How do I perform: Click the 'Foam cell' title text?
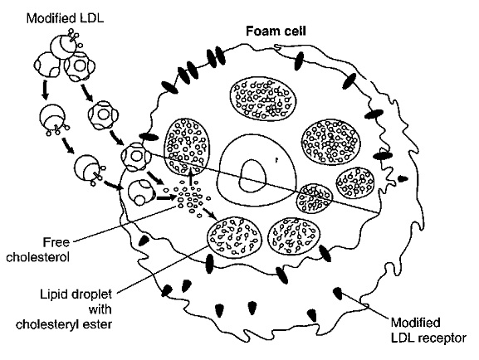[x=276, y=32]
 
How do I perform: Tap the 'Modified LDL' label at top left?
[x=65, y=18]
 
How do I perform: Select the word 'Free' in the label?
[x=56, y=242]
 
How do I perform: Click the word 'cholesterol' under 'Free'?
[x=38, y=257]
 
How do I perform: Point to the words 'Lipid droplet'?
[x=76, y=294]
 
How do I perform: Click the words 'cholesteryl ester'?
[x=64, y=324]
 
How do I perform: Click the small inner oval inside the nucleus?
[x=252, y=175]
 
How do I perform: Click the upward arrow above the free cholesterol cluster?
[x=191, y=175]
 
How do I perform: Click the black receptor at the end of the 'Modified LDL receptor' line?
[x=337, y=293]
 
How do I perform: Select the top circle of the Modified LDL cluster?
[x=62, y=46]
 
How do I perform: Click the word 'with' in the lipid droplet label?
[x=100, y=309]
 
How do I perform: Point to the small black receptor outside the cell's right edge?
[x=403, y=179]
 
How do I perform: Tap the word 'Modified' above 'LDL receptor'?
[x=416, y=323]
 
